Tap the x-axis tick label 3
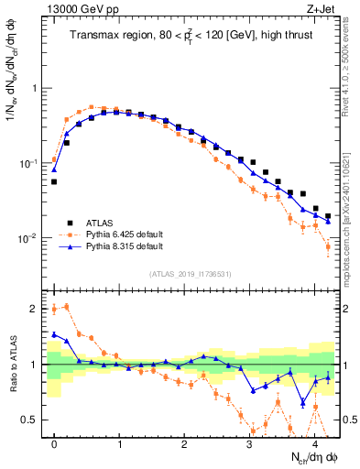click(x=251, y=442)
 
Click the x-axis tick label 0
click(x=55, y=442)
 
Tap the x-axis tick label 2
click(x=186, y=442)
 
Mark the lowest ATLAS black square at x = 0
click(x=54, y=181)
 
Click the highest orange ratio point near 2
click(x=66, y=306)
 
